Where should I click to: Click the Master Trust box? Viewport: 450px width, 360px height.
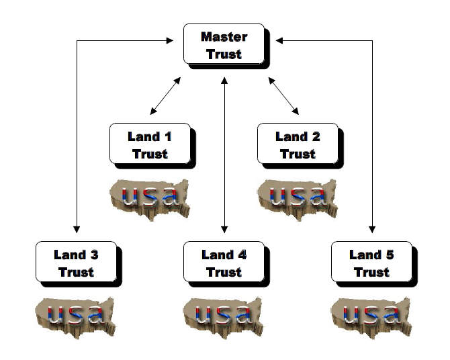pyautogui.click(x=224, y=44)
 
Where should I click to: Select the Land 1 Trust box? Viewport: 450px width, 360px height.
pyautogui.click(x=150, y=144)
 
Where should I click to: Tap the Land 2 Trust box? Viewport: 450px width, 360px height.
pyautogui.click(x=298, y=144)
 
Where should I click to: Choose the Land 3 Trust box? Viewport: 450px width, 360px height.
pyautogui.click(x=76, y=263)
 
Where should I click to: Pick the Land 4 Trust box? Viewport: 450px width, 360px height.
pyautogui.click(x=224, y=263)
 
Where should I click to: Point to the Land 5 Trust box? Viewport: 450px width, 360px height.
pyautogui.click(x=371, y=263)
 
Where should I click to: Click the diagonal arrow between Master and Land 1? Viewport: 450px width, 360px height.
pyautogui.click(x=165, y=95)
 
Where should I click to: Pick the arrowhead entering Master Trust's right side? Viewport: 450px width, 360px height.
pyautogui.click(x=279, y=41)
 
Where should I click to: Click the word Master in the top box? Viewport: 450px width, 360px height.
pyautogui.click(x=224, y=38)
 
